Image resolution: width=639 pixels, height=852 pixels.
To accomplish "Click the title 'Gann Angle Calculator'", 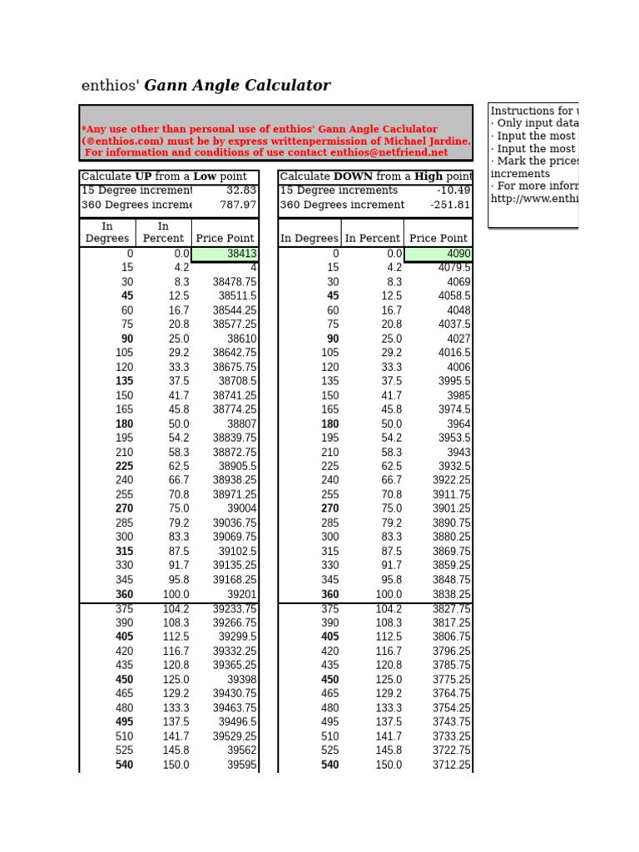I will (237, 86).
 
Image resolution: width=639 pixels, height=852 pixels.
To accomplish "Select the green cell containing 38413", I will (225, 254).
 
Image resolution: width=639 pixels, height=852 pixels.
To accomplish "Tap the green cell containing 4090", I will (438, 254).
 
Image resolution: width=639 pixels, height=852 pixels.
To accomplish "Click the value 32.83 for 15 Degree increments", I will (241, 191).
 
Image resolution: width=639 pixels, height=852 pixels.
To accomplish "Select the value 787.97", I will (238, 205).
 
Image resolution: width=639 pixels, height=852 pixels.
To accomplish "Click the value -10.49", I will (453, 191).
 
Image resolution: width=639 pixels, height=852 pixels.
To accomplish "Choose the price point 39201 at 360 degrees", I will (241, 595).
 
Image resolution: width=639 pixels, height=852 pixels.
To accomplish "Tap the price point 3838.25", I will (451, 595).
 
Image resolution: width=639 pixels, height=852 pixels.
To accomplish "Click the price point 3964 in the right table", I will (458, 424).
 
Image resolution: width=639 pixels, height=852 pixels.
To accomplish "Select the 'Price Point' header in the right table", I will (438, 238).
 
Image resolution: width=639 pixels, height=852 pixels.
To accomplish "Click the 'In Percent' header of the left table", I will (163, 232).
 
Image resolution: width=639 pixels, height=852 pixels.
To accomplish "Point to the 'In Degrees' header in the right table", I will (309, 238).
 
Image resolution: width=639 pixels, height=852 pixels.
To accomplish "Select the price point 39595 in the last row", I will (241, 765).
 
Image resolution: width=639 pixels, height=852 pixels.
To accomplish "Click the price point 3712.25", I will (451, 765).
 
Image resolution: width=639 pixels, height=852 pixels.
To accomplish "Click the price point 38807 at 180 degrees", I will (241, 424).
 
